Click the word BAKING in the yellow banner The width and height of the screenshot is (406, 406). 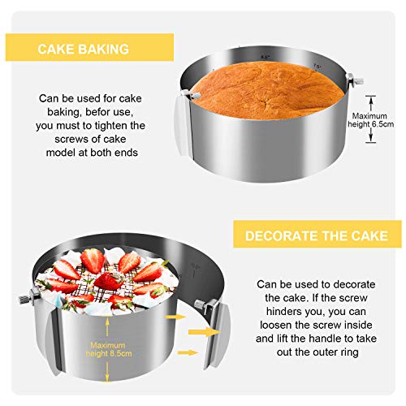[x=104, y=50]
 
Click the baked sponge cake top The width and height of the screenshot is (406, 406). [x=266, y=90]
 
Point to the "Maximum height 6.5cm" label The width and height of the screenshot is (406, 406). [x=370, y=120]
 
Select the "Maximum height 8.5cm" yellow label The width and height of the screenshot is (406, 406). [x=109, y=349]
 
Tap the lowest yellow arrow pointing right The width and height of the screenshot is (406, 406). [x=188, y=352]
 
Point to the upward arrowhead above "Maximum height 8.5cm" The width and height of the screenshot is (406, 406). [x=107, y=321]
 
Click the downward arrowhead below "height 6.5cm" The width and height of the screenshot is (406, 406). [x=371, y=139]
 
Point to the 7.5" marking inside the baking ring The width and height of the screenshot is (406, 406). [x=317, y=66]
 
